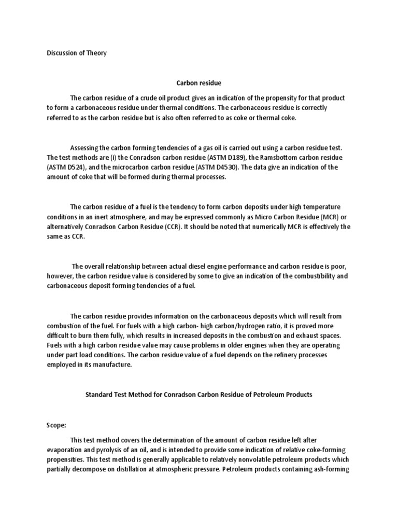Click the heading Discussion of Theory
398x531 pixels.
77,53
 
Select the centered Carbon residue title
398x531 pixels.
198,82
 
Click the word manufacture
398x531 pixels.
114,365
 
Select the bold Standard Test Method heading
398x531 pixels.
198,395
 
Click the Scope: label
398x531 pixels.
56,425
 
